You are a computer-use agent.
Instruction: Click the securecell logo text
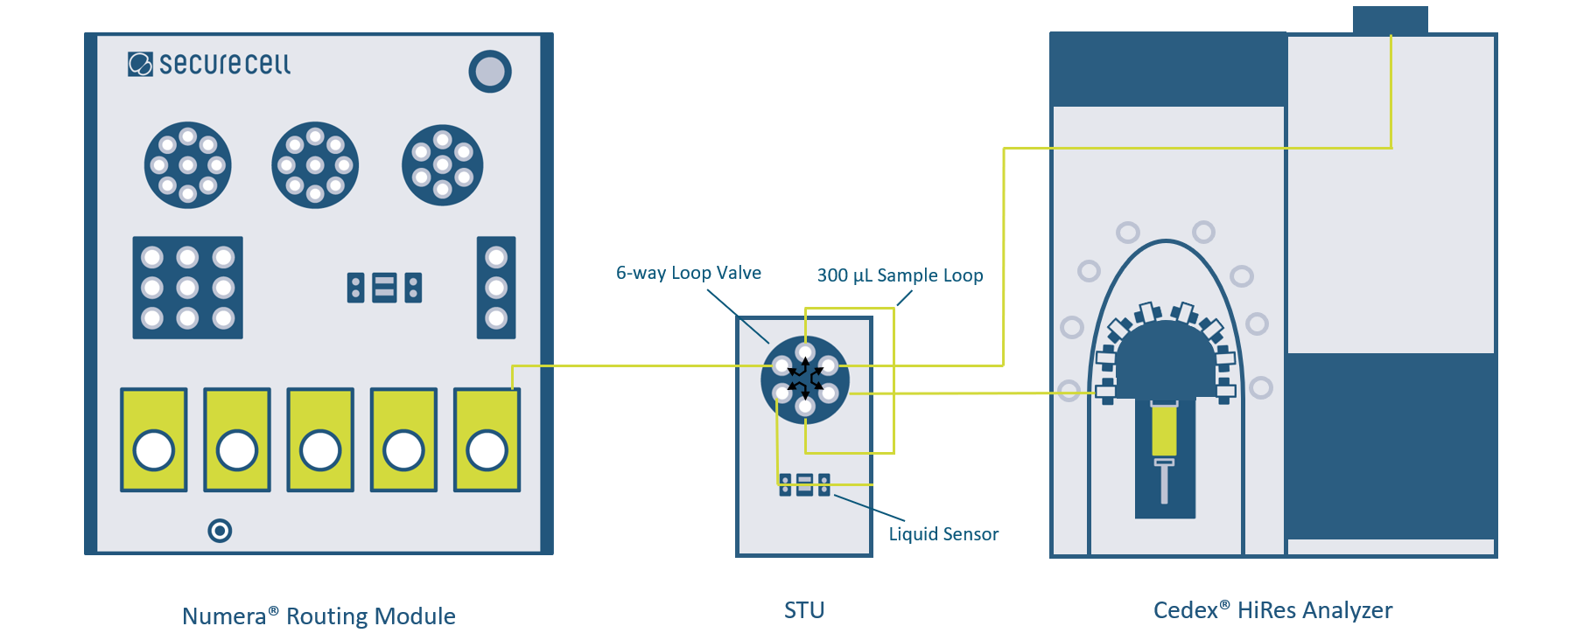223,64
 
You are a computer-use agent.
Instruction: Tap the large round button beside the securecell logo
490,72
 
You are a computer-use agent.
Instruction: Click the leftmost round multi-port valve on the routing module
187,165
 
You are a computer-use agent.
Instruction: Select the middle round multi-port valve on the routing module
315,165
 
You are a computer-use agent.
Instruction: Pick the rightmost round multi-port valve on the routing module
442,165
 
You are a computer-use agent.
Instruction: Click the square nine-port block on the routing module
187,288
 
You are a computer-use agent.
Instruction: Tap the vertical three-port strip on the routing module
496,288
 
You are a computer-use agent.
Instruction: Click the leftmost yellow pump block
154,440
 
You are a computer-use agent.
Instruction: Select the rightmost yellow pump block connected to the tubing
487,440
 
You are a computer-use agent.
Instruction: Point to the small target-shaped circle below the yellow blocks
220,531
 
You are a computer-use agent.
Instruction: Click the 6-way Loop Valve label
688,273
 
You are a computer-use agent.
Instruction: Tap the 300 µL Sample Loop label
900,275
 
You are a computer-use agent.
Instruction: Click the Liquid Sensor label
943,534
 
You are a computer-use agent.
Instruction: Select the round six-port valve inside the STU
805,379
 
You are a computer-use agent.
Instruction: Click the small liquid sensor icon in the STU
804,485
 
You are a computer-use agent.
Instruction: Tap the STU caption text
804,610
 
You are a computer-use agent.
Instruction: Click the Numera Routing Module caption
319,616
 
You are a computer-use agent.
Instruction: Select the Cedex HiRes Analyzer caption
1272,610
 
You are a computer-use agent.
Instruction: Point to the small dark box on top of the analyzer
1390,20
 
